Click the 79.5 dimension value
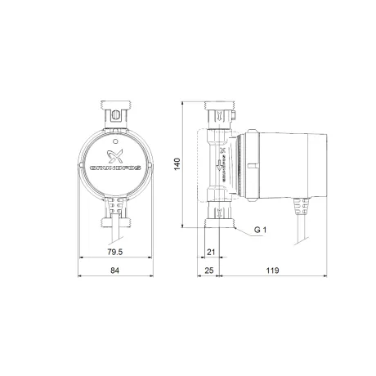click(x=115, y=252)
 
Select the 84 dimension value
click(x=115, y=271)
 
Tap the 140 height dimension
click(x=177, y=163)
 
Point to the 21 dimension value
click(x=211, y=252)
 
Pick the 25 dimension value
click(x=209, y=271)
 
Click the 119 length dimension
click(x=272, y=271)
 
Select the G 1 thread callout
click(x=260, y=230)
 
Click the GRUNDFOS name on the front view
click(x=115, y=168)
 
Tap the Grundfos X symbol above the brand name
click(x=115, y=156)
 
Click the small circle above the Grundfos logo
click(x=115, y=141)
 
